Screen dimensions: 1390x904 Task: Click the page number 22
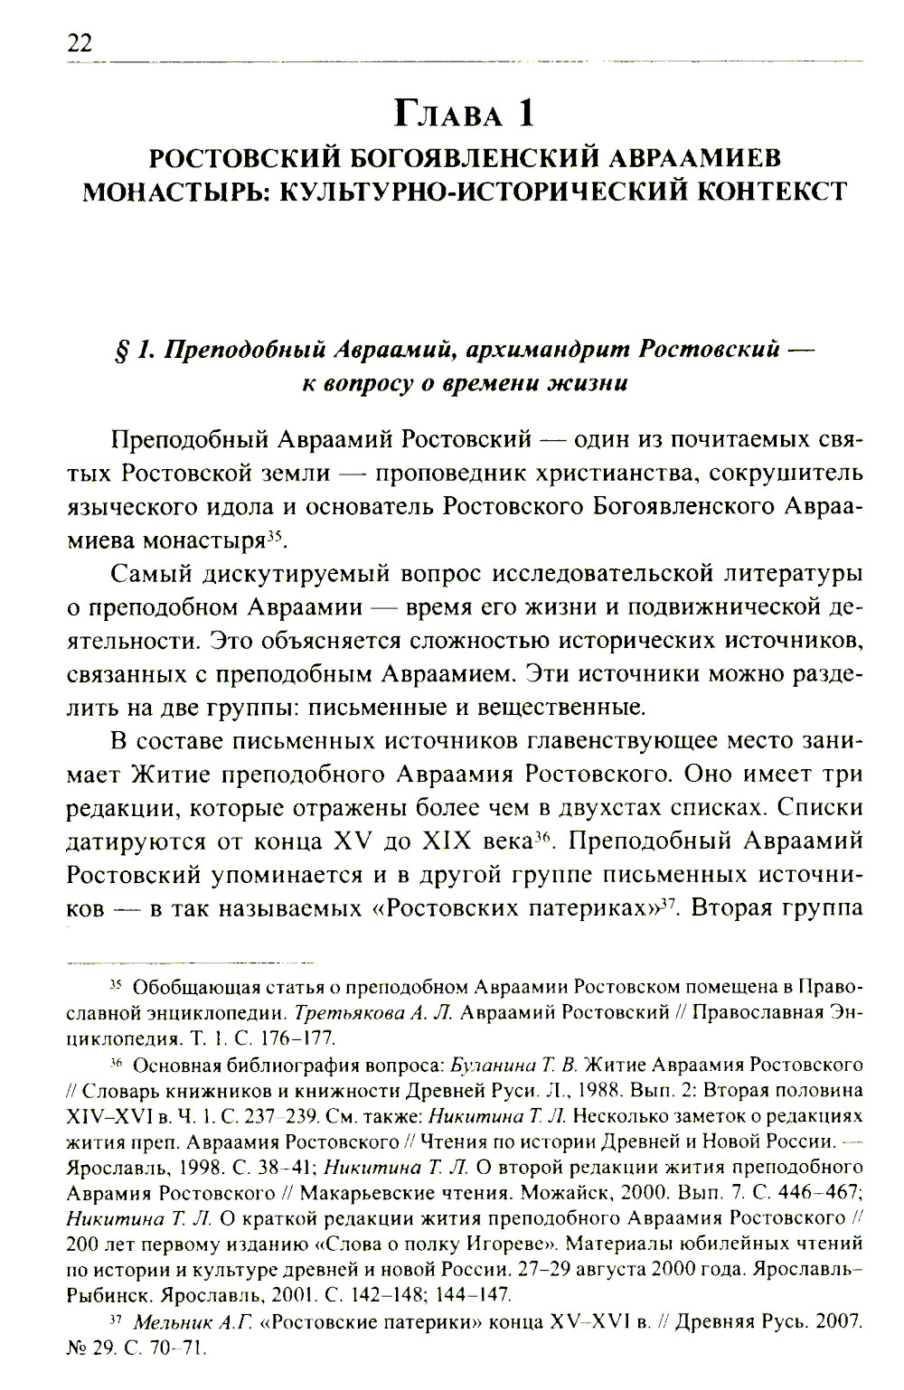pyautogui.click(x=80, y=43)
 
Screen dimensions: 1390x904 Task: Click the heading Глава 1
pyautogui.click(x=464, y=114)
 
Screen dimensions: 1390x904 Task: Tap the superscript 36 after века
pyautogui.click(x=542, y=836)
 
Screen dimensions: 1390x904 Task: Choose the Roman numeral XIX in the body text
pyautogui.click(x=451, y=841)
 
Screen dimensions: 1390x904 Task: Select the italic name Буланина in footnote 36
pyautogui.click(x=493, y=1065)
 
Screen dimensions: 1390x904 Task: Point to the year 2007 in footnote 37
pyautogui.click(x=839, y=1322)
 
